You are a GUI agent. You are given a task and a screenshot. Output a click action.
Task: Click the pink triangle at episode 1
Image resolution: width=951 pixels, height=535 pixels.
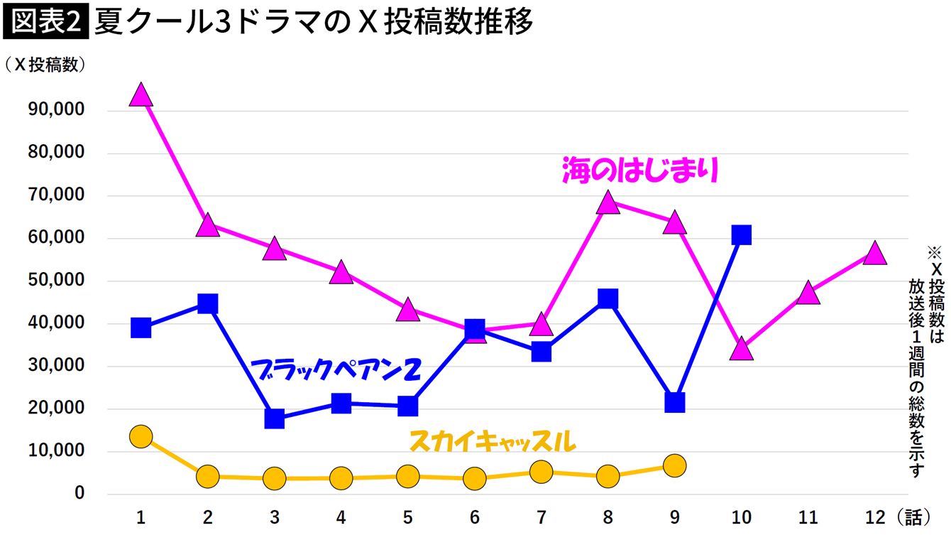(141, 94)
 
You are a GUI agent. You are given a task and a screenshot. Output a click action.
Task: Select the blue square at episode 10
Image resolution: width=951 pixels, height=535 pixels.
(741, 235)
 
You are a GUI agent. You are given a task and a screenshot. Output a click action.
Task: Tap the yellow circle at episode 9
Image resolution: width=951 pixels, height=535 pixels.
(674, 465)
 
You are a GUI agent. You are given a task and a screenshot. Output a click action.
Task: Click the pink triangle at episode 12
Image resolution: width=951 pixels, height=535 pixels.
(874, 254)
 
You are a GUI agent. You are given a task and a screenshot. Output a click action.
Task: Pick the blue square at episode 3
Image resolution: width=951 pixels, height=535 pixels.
(274, 418)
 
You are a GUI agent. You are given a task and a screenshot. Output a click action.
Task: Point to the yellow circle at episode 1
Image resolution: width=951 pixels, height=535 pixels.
(141, 436)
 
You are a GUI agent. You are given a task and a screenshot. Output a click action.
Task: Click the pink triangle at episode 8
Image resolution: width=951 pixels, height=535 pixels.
(608, 202)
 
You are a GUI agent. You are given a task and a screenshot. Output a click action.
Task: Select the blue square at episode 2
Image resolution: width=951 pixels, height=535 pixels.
(207, 304)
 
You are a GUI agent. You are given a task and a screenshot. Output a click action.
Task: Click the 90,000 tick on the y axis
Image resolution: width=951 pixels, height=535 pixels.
(55, 110)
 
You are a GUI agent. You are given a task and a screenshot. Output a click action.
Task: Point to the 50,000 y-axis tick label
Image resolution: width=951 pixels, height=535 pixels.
(55, 280)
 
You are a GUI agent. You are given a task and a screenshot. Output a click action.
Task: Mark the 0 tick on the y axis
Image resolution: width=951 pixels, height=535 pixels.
(79, 493)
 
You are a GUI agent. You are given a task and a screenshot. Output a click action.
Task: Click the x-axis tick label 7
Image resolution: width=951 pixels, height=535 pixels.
(541, 517)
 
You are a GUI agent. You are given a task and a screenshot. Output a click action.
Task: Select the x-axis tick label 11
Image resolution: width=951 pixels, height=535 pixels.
(808, 517)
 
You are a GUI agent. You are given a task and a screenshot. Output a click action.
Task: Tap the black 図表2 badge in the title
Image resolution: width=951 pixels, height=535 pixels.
(45, 23)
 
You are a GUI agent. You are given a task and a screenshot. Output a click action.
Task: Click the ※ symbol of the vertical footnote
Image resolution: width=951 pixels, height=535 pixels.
(934, 252)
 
